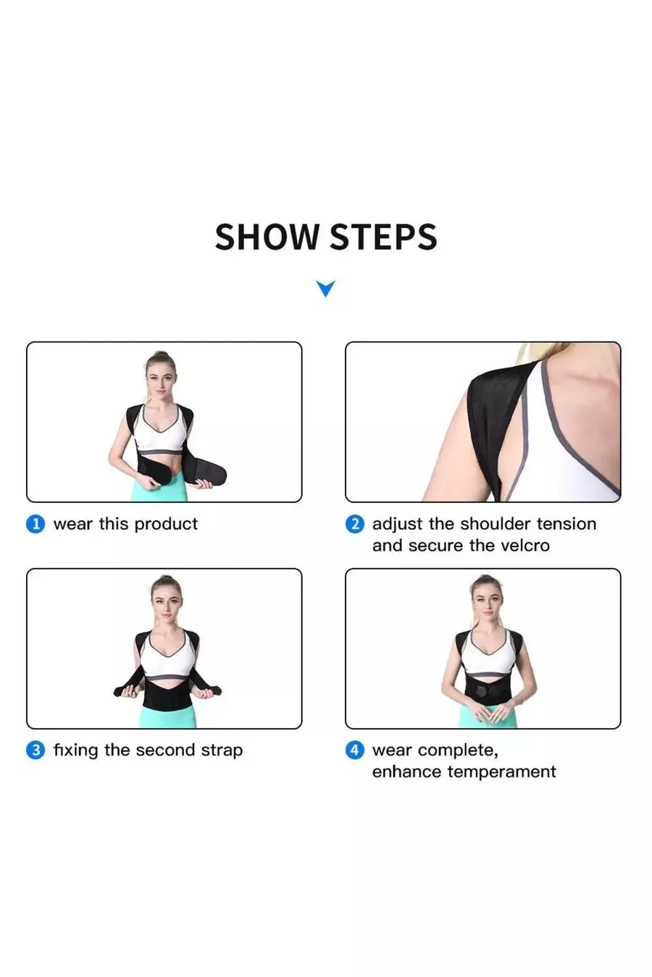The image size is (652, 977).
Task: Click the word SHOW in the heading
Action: [x=267, y=237]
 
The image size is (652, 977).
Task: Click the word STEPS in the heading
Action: [x=383, y=237]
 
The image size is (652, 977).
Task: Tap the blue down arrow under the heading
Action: [x=326, y=288]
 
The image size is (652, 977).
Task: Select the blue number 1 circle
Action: [x=35, y=524]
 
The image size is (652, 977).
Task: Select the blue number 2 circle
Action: [x=354, y=524]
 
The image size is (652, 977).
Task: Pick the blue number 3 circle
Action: [x=35, y=750]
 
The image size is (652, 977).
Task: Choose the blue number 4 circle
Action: [x=354, y=750]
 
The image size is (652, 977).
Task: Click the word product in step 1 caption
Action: [x=166, y=525]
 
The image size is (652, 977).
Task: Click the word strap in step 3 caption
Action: [x=222, y=751]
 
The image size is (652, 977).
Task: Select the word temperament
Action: [x=501, y=772]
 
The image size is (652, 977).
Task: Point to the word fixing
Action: [x=75, y=750]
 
